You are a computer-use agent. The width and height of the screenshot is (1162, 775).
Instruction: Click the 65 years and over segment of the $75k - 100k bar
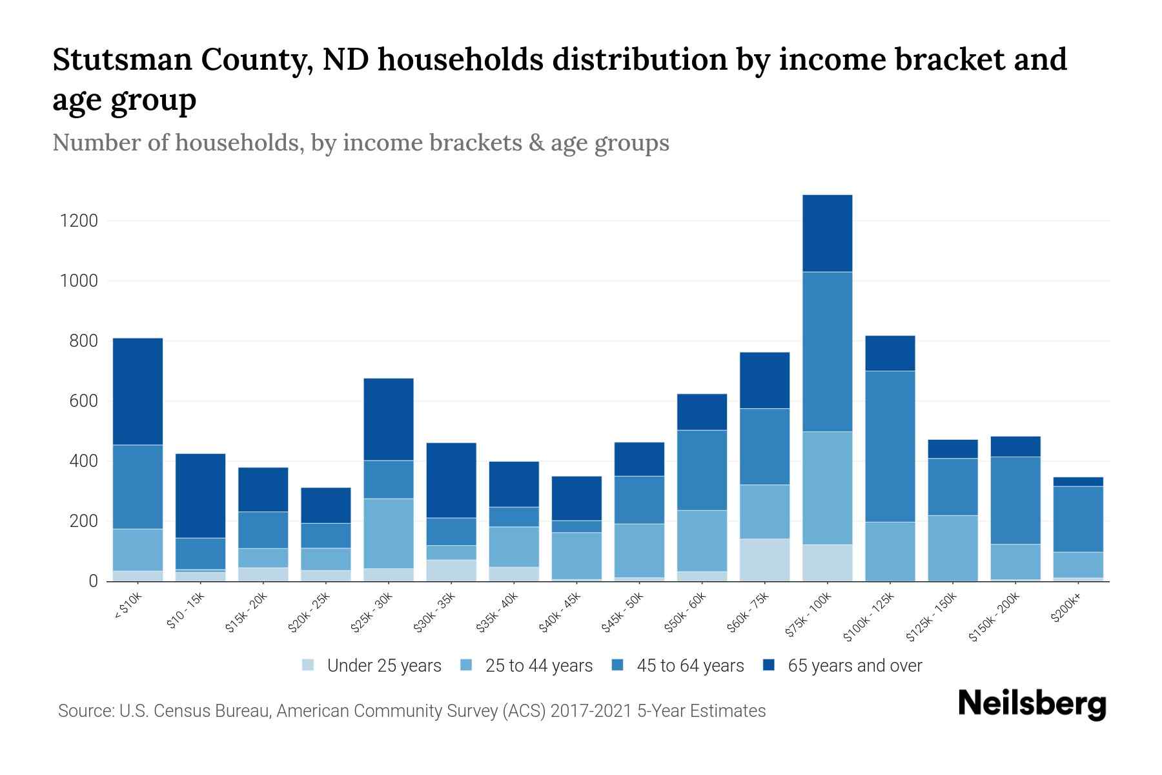[x=827, y=233]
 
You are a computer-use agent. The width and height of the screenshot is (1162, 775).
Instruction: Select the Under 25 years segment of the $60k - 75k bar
[x=764, y=560]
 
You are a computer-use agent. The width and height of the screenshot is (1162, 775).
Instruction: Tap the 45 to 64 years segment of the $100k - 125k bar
[x=890, y=446]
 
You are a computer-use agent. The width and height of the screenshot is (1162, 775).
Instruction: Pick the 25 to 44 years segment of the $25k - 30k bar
[x=389, y=533]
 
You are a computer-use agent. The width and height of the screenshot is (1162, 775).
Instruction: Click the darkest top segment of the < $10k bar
[x=138, y=391]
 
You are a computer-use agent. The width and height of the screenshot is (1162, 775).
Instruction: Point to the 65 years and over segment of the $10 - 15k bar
[x=200, y=496]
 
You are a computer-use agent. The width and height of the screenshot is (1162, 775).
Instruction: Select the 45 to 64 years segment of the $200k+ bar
[x=1078, y=519]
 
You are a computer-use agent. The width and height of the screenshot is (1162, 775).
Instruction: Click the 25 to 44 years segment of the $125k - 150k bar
[x=952, y=548]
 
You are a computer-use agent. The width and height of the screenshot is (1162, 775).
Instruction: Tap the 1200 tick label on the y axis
[x=79, y=222]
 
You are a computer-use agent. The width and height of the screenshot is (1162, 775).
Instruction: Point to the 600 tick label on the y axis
[x=83, y=402]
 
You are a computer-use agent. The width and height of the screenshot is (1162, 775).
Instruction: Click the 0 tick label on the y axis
[x=93, y=582]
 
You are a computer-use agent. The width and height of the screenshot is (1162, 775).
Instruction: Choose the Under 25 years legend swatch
[x=309, y=665]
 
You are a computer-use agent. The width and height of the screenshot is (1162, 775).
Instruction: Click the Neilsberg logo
[x=1032, y=705]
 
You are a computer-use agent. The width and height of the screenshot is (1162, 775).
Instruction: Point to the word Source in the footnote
[x=84, y=711]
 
